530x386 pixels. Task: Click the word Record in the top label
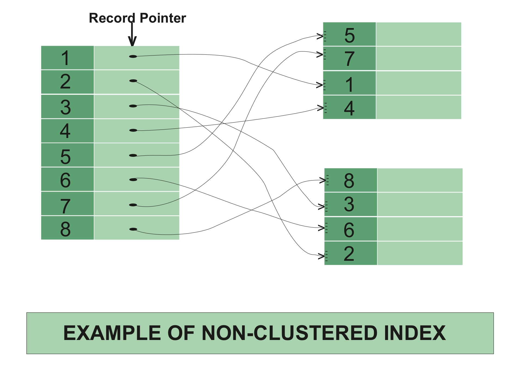112,18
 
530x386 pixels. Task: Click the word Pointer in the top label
163,18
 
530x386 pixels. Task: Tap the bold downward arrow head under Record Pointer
132,42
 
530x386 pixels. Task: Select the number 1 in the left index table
65,58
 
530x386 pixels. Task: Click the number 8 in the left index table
65,229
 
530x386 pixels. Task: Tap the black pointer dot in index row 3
133,106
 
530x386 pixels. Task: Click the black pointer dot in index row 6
133,180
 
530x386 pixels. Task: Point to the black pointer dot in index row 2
133,81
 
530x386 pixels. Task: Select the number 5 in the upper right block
349,35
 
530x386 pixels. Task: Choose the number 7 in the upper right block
349,59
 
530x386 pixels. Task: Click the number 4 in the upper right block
349,108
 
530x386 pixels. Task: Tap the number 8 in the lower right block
349,180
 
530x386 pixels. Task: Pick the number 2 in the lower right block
349,254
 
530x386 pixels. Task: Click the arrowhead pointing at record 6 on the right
322,228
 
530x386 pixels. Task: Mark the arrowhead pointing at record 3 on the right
322,207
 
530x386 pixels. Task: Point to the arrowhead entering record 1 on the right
320,85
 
